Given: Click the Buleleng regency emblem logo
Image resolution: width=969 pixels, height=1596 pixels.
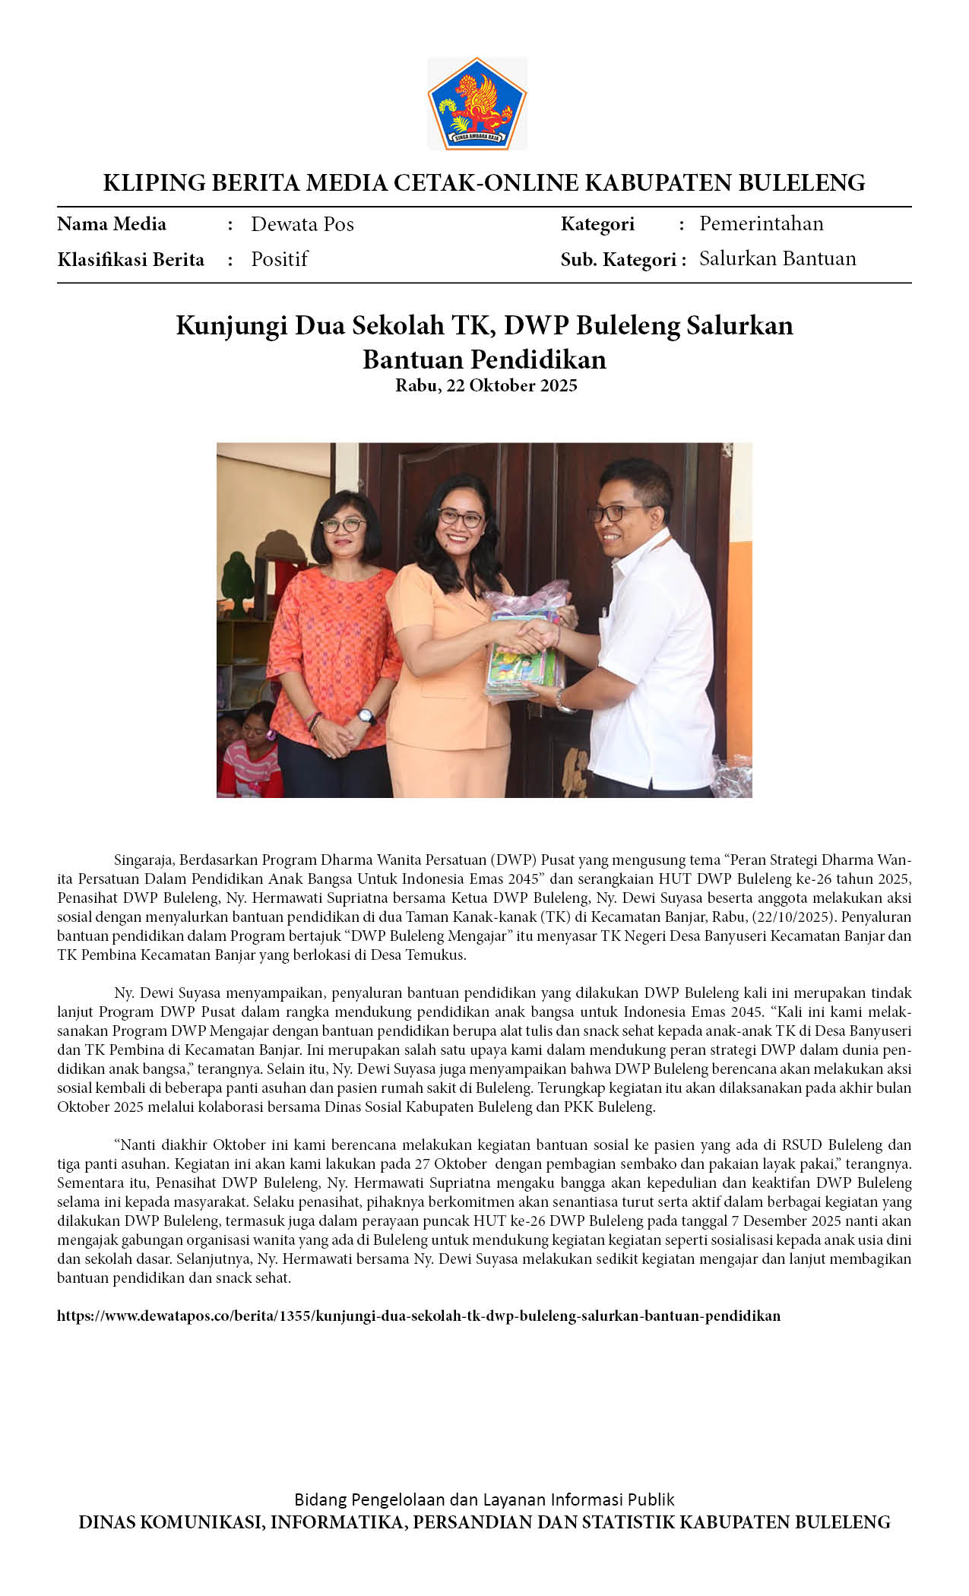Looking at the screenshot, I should tap(477, 104).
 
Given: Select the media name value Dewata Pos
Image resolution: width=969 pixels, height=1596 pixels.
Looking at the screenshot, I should tap(302, 224).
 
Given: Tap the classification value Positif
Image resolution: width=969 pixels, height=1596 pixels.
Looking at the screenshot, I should tap(279, 259).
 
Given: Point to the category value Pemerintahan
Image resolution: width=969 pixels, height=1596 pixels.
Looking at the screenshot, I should tap(761, 223).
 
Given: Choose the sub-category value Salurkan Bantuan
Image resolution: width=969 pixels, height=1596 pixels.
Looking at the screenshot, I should tap(777, 258).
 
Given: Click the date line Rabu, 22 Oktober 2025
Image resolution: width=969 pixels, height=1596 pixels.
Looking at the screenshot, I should tap(486, 385).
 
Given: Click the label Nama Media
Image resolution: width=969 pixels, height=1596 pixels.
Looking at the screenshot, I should tap(112, 224).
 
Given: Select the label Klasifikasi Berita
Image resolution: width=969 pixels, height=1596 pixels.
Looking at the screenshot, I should tap(131, 260).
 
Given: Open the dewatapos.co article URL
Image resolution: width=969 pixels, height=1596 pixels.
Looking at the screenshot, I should tap(419, 1316).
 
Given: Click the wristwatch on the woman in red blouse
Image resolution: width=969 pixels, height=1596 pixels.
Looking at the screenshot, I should tap(366, 715).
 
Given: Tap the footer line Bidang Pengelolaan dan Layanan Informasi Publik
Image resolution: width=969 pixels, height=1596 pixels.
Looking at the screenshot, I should tap(484, 1499).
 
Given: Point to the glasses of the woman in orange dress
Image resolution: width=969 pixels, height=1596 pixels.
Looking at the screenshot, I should tap(460, 519).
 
